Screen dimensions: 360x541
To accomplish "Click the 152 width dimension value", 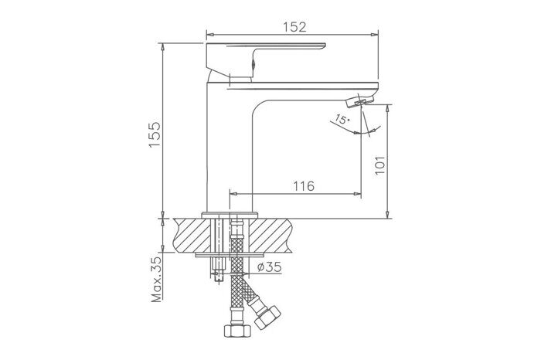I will [x=293, y=26].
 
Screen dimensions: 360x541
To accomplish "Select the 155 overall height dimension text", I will [x=154, y=136].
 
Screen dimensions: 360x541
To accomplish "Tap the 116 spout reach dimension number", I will [x=304, y=185].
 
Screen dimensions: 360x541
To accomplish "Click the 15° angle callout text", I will [x=341, y=120].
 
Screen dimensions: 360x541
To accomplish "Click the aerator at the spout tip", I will [x=361, y=100].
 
